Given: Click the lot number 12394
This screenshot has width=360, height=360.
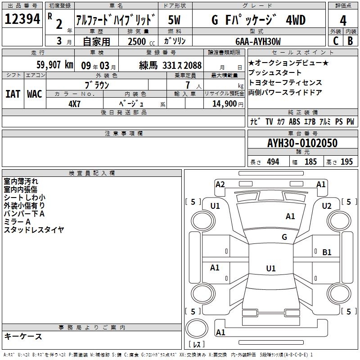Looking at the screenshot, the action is (22, 19).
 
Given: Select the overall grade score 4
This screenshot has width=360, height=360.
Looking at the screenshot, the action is (343, 20).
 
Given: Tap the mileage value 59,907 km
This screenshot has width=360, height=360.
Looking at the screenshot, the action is (55, 65).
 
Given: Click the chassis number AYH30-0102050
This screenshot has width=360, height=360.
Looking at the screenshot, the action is (302, 143).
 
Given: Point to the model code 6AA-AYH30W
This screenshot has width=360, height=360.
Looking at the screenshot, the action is (258, 41).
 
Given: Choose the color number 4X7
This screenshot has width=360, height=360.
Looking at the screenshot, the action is (74, 104).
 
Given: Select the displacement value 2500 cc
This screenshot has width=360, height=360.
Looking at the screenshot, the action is (141, 41).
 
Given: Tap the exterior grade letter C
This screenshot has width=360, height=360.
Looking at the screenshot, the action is (336, 41).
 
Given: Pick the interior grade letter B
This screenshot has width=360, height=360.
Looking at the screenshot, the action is (351, 41).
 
